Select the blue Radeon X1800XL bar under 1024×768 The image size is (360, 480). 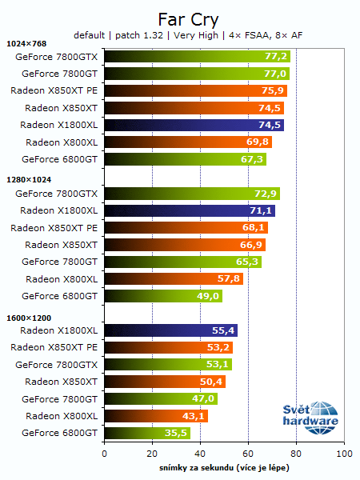194,125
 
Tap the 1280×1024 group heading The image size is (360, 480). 30,180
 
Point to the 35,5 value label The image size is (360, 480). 176,433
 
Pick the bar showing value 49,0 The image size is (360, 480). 163,296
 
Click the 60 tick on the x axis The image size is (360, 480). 248,453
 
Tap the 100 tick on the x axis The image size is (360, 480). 344,453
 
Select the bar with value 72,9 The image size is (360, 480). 192,194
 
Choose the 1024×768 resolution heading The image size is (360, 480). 27,43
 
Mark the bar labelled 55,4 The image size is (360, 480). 170,330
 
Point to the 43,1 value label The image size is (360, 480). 194,415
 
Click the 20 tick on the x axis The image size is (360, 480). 152,453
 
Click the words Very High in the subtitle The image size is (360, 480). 195,34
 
